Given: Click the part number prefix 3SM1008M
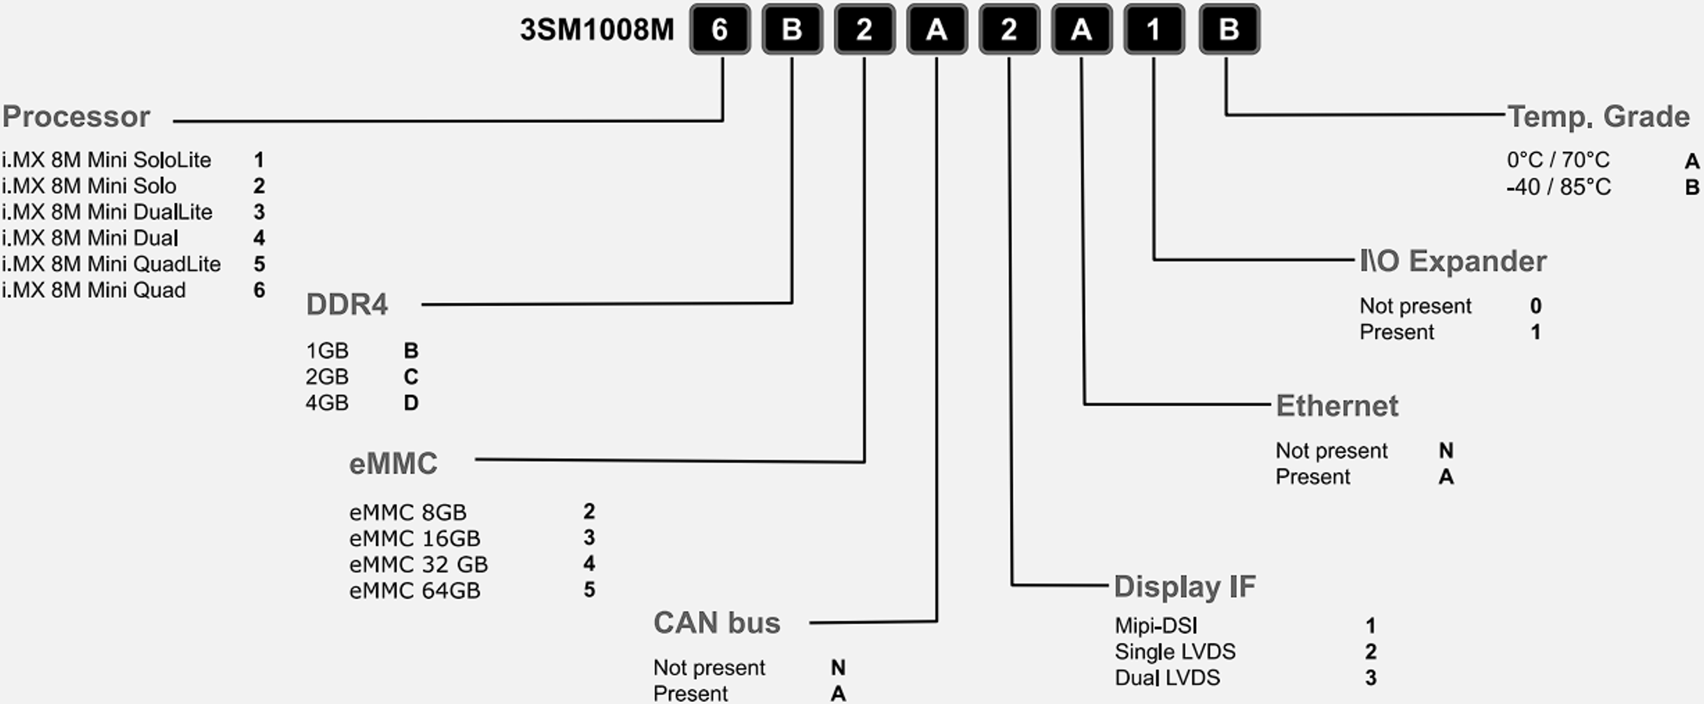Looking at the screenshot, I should tap(596, 30).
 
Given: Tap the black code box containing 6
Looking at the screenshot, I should tap(720, 29).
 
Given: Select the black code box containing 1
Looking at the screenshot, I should tap(1154, 29).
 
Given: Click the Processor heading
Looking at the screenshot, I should tap(76, 117).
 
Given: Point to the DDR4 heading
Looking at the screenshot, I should tap(347, 305).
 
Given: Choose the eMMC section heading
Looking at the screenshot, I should tap(393, 464).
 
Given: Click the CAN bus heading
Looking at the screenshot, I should tap(716, 623).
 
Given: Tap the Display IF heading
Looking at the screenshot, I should tap(1185, 587).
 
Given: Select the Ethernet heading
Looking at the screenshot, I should tap(1337, 406).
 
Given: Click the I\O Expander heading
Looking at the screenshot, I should tap(1452, 261).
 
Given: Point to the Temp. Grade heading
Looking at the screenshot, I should tap(1598, 117).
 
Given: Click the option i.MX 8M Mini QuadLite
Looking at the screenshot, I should tap(111, 264).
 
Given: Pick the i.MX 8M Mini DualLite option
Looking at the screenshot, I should tap(107, 212).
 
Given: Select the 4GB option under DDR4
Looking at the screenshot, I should tap(326, 403).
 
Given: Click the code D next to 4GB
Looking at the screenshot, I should tap(411, 403).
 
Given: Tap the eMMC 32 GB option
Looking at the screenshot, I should tap(418, 564).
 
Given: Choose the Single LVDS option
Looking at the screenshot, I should tap(1175, 652).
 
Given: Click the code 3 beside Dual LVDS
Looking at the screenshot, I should tap(1371, 677).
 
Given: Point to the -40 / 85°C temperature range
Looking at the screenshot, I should tap(1559, 187).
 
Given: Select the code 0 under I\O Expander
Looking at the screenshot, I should tap(1536, 306).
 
